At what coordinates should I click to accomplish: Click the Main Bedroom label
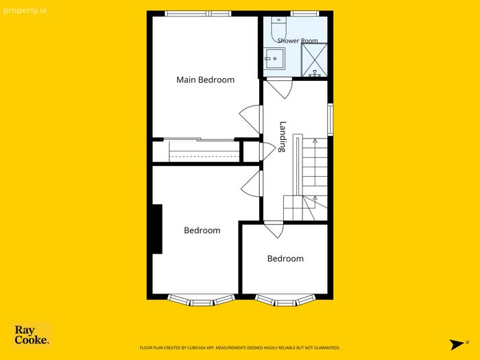tap(206, 80)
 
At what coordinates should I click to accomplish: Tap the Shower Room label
tap(298, 40)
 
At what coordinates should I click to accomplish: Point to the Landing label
tap(283, 137)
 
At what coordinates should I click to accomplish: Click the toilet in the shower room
tap(278, 27)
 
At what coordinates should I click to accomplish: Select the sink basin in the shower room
tap(274, 58)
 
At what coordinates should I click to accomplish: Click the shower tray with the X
tap(314, 60)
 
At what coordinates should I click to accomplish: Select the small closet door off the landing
tap(267, 152)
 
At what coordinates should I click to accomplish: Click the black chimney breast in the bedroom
tap(157, 229)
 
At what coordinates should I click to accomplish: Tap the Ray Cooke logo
tap(32, 335)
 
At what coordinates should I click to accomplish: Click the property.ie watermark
tap(25, 11)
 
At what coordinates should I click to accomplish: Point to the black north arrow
tap(457, 344)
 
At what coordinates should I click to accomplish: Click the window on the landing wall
tap(331, 119)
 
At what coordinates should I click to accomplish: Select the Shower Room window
tap(304, 14)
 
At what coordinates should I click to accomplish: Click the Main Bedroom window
tap(198, 14)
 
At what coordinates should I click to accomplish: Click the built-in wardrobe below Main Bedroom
tap(196, 152)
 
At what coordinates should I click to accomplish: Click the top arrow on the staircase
tap(315, 141)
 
